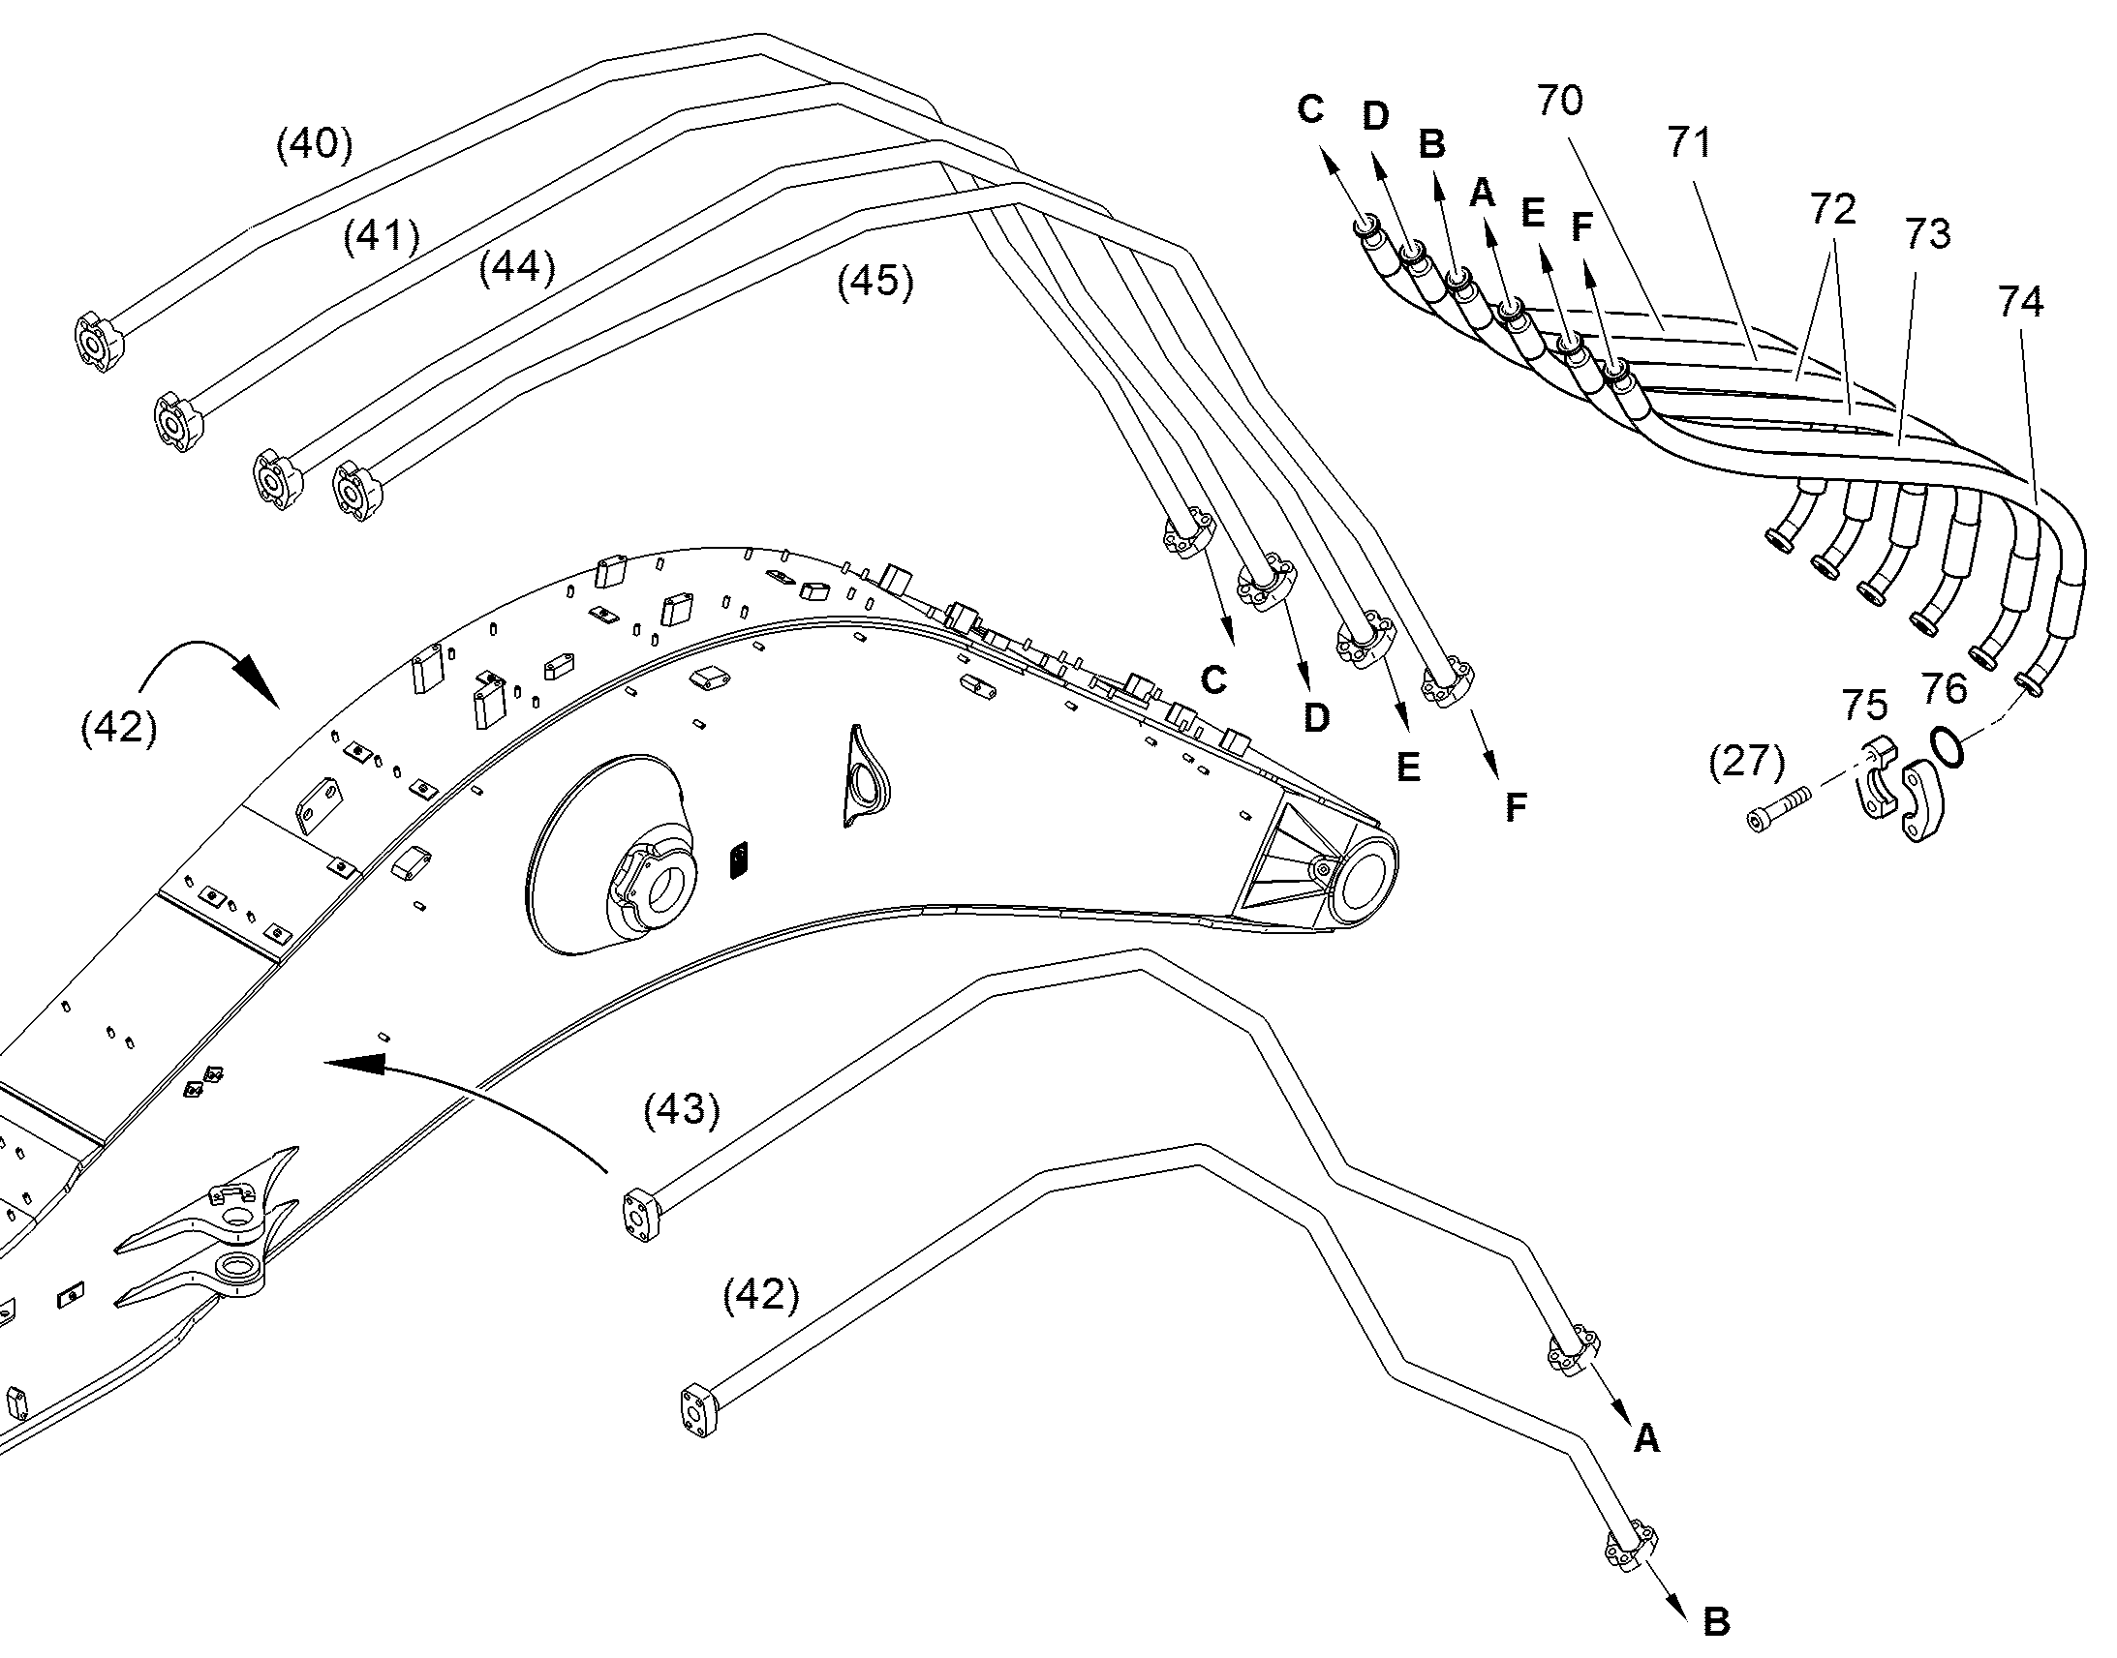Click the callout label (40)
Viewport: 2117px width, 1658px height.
(315, 144)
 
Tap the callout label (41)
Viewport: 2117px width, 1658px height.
(382, 236)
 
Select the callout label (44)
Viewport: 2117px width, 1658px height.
(516, 267)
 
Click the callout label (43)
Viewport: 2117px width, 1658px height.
(682, 1109)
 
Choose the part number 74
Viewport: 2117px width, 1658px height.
(2020, 302)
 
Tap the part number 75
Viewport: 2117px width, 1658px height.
(1864, 706)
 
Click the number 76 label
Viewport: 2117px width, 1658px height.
(1945, 688)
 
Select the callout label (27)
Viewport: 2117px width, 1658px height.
(1747, 761)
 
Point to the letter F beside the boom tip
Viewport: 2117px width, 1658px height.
(1515, 806)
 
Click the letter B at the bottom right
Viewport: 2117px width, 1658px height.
(1716, 1621)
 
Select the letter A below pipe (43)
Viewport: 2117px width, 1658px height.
(1647, 1437)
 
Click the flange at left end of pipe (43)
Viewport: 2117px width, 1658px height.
(638, 1214)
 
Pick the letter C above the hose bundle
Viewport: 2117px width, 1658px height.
(1311, 109)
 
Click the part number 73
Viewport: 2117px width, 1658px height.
(1927, 233)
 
